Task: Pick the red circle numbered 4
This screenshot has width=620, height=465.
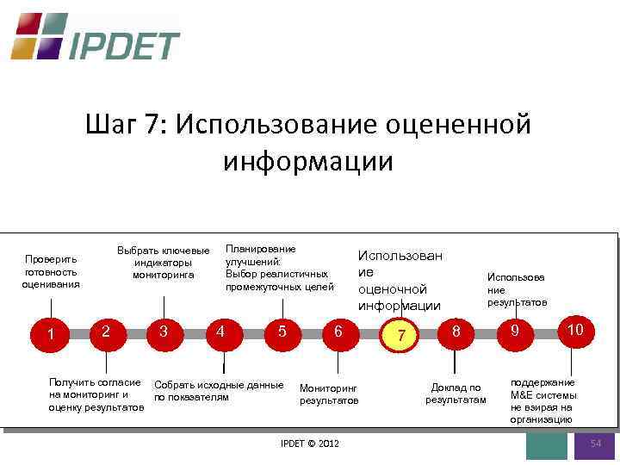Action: tap(221, 332)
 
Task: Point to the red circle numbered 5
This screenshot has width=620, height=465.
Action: tap(282, 332)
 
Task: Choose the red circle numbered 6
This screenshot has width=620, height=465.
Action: tap(339, 332)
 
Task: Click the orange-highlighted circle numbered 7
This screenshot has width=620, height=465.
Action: tap(400, 334)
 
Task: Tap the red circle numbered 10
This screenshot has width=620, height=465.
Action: tap(574, 330)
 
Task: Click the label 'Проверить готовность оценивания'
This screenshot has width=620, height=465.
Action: tap(52, 271)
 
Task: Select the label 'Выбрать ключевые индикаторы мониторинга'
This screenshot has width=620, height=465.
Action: tap(163, 263)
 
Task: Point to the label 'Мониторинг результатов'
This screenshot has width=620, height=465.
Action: tap(328, 394)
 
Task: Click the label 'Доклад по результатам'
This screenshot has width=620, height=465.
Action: tap(456, 394)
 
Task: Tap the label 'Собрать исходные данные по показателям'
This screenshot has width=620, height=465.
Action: tap(217, 390)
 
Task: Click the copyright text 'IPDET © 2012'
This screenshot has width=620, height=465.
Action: tap(310, 443)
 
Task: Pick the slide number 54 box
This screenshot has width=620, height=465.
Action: tap(595, 444)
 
